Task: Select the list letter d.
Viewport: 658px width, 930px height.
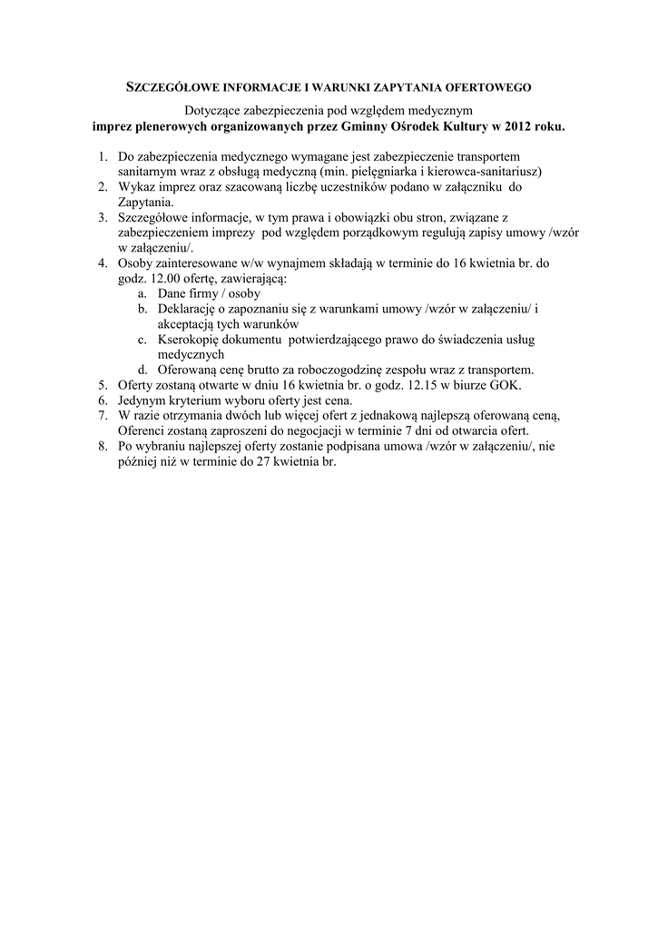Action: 143,370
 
